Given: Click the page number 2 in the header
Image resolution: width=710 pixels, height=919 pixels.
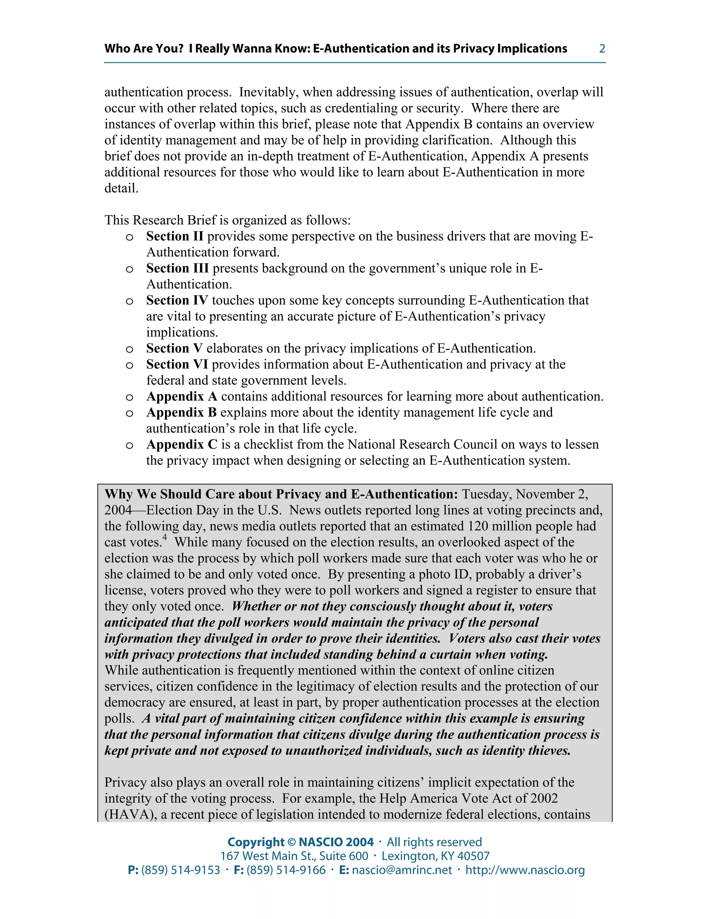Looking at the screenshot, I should [x=602, y=49].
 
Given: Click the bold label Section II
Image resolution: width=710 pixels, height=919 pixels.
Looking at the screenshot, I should [x=175, y=237].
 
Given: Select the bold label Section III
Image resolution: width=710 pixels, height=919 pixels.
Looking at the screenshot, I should [x=177, y=268].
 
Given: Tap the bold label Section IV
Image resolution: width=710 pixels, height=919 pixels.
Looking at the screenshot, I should [x=177, y=300].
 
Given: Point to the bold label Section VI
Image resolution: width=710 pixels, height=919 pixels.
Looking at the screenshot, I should [x=177, y=364].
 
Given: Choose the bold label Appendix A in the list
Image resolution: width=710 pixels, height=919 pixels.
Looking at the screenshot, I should [x=182, y=396].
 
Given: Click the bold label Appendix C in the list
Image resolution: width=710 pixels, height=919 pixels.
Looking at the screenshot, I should [x=182, y=444].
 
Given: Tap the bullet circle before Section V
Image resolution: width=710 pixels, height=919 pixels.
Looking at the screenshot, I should [x=130, y=349].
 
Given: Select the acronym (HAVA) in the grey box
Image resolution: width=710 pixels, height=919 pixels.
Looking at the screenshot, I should [x=130, y=814].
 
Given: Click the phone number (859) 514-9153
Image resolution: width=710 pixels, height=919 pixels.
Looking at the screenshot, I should [x=180, y=870].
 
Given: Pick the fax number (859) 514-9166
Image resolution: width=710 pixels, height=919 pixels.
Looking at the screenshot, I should [x=286, y=870].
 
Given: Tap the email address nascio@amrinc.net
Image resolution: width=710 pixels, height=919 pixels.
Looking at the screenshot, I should [x=402, y=870].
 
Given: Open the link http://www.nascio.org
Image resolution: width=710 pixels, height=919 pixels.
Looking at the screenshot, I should [x=525, y=870].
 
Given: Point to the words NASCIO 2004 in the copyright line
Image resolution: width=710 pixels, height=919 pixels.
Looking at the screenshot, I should [x=336, y=842].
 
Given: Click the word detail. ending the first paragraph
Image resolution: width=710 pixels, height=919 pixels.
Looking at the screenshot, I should [x=121, y=188].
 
